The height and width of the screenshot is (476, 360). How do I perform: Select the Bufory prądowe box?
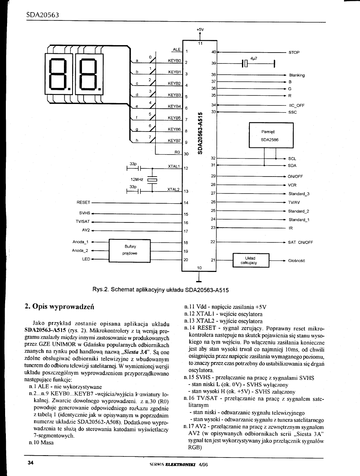(x=130, y=250)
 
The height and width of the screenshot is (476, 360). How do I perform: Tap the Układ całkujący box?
(x=251, y=261)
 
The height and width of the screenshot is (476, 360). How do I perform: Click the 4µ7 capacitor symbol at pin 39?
(x=246, y=64)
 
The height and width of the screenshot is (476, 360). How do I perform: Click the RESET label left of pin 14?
(x=83, y=203)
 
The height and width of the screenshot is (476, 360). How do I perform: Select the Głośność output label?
(x=296, y=261)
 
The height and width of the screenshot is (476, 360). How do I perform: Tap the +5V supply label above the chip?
(x=200, y=29)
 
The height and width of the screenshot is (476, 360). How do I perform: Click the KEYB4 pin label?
(x=174, y=106)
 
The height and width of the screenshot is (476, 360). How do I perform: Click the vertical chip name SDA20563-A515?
(x=200, y=133)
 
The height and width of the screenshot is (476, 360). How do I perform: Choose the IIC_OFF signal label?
(x=296, y=106)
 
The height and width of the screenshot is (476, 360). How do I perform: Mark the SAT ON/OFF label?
(x=300, y=243)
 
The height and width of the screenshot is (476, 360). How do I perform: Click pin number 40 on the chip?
(x=213, y=52)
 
